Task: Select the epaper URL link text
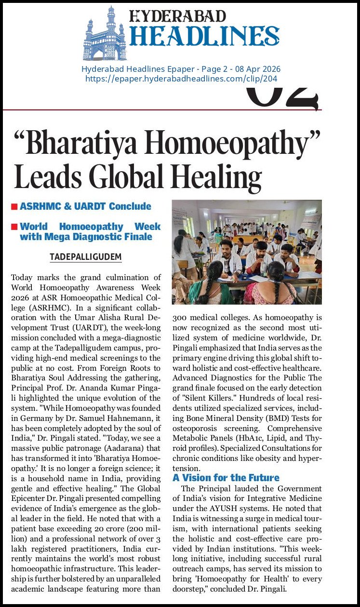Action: coord(181,79)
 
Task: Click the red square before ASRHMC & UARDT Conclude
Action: coord(14,207)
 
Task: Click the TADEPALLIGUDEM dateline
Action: coord(85,257)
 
